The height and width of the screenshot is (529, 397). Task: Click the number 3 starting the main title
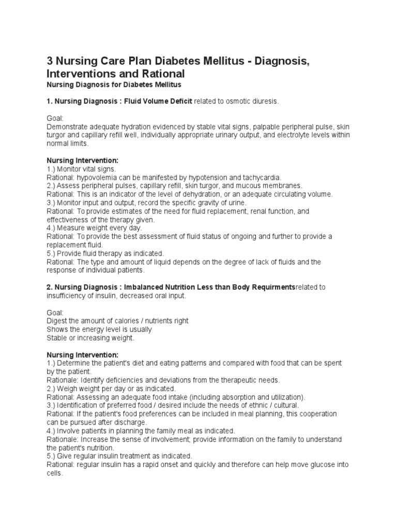[50, 62]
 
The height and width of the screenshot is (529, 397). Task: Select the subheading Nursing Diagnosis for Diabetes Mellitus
[114, 85]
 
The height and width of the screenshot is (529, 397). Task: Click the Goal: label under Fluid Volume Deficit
[55, 118]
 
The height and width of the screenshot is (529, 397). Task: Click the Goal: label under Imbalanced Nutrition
[55, 313]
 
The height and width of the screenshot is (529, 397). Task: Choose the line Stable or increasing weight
[90, 338]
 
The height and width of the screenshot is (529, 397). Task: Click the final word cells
[54, 473]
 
